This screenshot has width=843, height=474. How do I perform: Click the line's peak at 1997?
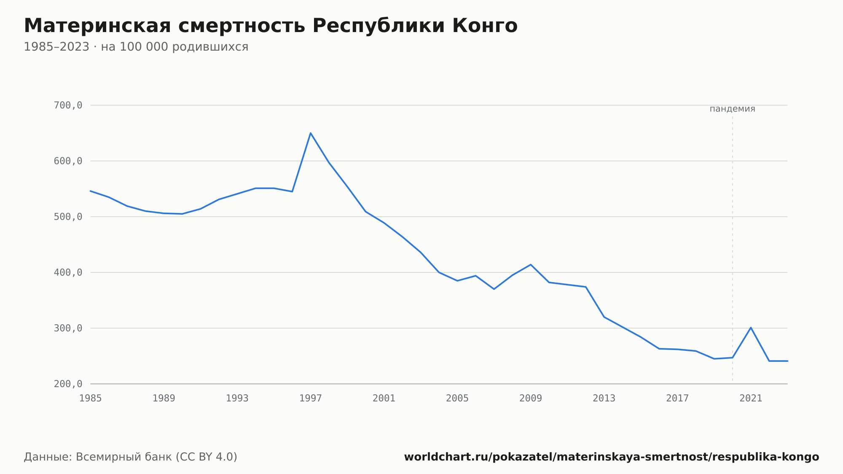pos(311,133)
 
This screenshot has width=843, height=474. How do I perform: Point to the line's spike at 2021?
pos(751,328)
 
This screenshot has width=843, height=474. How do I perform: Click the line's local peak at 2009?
pos(531,264)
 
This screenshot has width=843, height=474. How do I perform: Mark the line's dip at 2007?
pos(494,289)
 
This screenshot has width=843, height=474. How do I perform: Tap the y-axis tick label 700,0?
pos(68,105)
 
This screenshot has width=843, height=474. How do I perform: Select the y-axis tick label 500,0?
pos(68,217)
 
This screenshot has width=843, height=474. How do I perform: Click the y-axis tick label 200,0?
pos(68,384)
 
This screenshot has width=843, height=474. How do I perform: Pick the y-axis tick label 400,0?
pos(68,272)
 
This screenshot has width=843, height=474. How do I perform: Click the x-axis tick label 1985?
pos(91,399)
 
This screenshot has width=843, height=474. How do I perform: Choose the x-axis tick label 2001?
pos(384,399)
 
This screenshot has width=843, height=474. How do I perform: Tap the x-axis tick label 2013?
pos(604,399)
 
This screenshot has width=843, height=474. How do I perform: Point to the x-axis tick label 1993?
pos(237,399)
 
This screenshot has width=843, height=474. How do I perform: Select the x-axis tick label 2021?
pos(751,399)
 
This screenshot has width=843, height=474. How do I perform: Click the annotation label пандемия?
pos(733,109)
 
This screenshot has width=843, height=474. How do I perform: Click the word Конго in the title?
pos(485,26)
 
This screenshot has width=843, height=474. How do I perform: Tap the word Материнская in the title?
pos(97,26)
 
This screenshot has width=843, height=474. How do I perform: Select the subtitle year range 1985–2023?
pos(56,47)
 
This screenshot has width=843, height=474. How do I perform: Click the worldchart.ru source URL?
pos(612,457)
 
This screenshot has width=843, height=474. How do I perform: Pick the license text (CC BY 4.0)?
pos(206,457)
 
